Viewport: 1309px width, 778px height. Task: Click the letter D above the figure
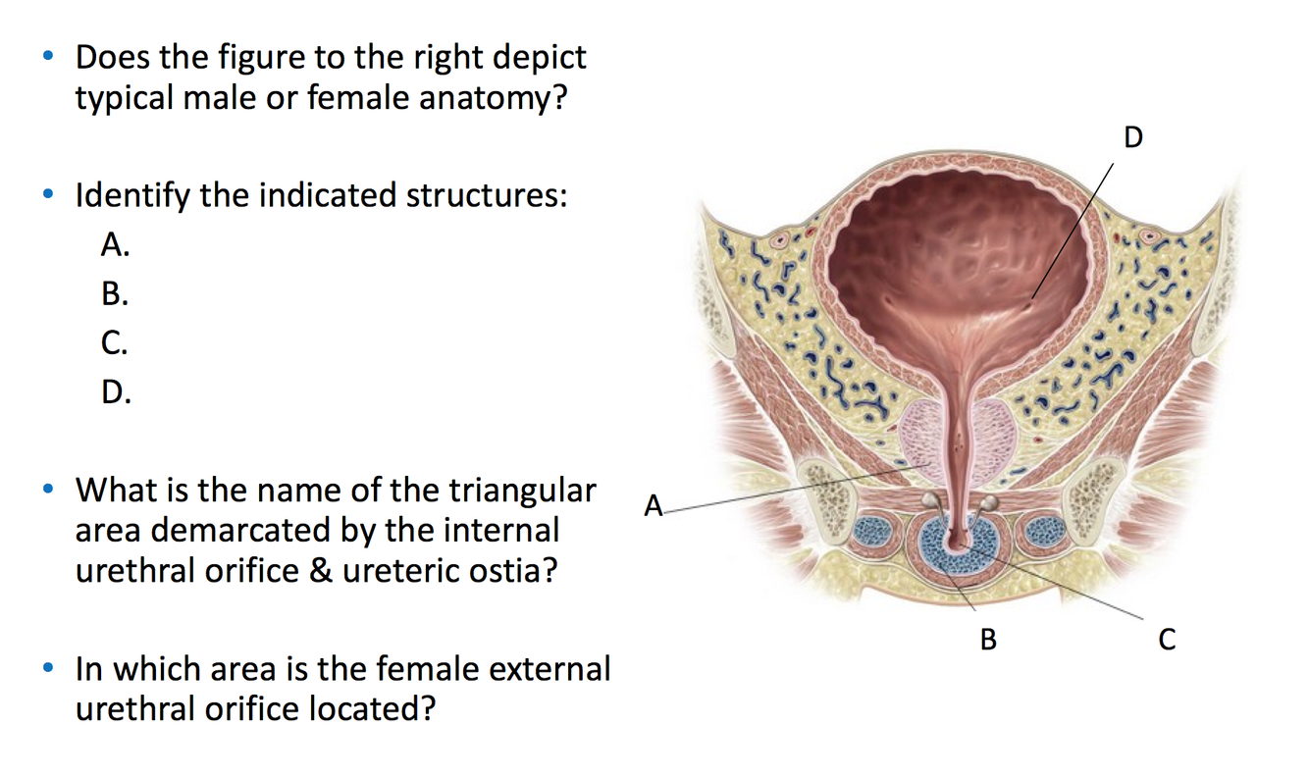point(1133,137)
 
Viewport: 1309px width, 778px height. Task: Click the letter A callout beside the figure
point(654,507)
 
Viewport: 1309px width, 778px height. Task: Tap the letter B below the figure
point(988,641)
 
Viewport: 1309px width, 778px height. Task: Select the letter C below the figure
point(1166,641)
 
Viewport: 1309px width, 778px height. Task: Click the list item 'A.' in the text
point(115,245)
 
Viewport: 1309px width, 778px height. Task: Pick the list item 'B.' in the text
point(115,294)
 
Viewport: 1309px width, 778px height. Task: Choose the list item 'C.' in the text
point(115,343)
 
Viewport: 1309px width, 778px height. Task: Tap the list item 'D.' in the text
point(116,393)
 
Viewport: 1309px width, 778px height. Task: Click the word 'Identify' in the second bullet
point(133,196)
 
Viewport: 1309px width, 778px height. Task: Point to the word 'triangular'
point(522,490)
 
